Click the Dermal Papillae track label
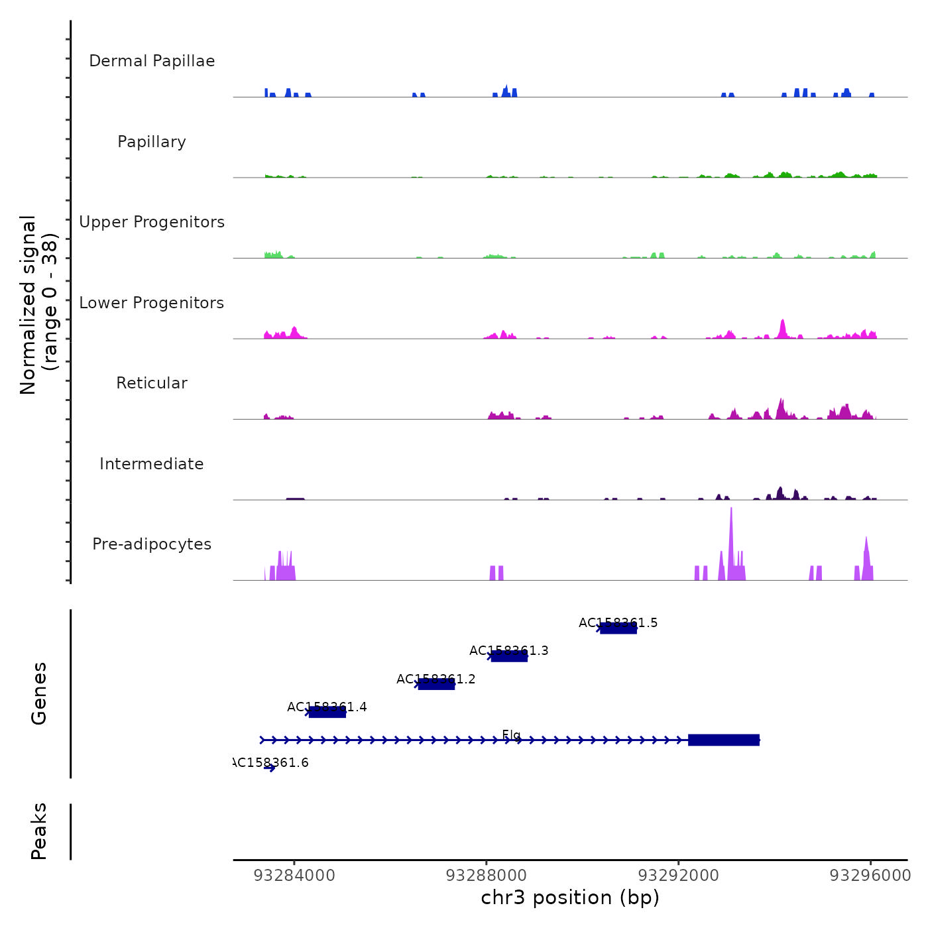pos(152,61)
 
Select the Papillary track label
pos(152,142)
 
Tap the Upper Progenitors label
pos(152,222)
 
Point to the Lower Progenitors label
pos(152,303)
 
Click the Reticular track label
pos(152,383)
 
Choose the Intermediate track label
pos(152,464)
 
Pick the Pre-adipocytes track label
pos(152,544)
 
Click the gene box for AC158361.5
pos(618,628)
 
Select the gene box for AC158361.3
pos(509,656)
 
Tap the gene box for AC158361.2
pos(436,684)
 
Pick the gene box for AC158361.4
pos(327,712)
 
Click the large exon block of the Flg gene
pos(723,740)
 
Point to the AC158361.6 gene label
pos(271,763)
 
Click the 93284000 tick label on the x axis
pos(294,876)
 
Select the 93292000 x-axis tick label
pos(678,876)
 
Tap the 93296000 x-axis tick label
pos(870,876)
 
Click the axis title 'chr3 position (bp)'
pos(570,898)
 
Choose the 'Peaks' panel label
pos(39,831)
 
